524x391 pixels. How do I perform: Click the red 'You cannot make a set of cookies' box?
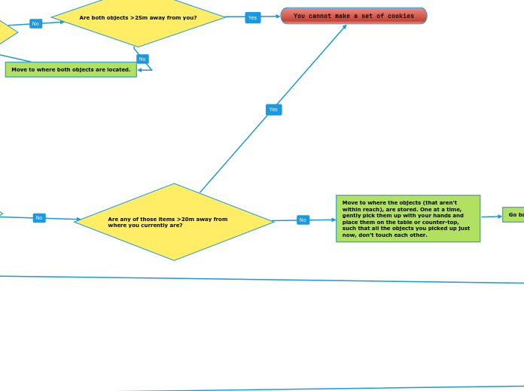coord(353,16)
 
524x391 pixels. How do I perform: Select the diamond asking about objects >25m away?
coord(138,17)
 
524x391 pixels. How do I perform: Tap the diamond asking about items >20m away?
coord(174,222)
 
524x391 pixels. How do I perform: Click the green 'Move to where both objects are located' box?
coord(71,69)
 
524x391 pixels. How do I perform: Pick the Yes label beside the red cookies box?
coord(252,17)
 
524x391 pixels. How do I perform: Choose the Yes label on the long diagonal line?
coord(273,110)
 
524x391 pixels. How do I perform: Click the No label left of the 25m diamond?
coord(35,23)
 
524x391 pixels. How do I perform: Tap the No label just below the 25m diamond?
coord(142,59)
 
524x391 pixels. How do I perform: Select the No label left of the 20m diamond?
coord(39,218)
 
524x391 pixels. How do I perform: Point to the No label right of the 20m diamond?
coord(303,220)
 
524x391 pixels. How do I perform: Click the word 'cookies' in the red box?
coord(396,16)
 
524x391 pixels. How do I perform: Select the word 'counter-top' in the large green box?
coord(443,222)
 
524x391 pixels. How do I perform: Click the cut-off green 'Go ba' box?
coord(513,214)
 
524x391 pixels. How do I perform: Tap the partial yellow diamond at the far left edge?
coord(6,32)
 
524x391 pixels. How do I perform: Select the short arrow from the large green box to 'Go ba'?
coord(492,217)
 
